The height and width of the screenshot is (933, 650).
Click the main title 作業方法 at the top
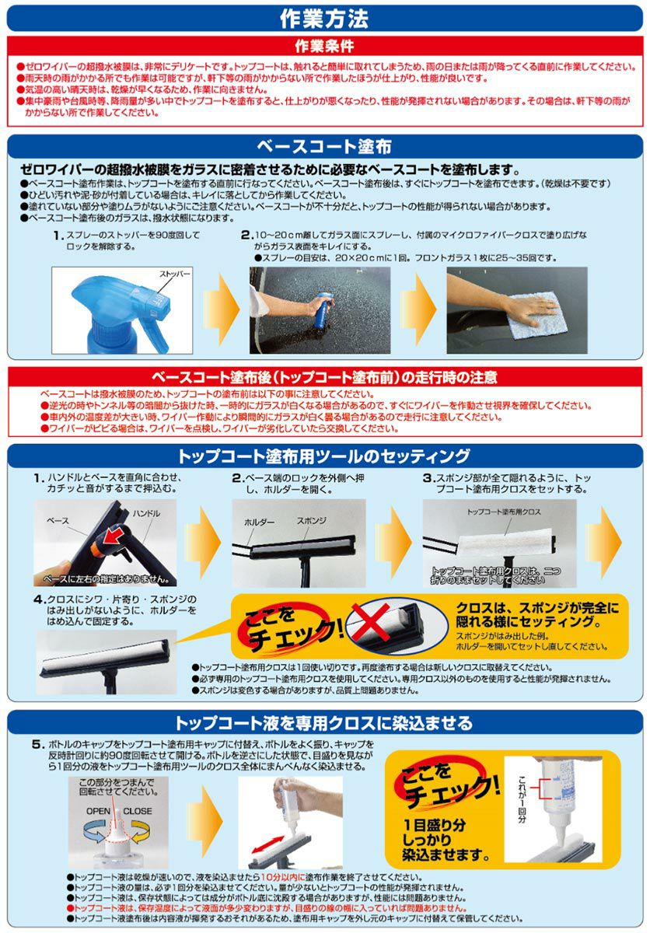[x=324, y=18]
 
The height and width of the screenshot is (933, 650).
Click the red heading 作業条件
[x=324, y=47]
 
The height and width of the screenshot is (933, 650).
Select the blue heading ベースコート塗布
[x=324, y=147]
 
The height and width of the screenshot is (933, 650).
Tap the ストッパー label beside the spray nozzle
[x=175, y=275]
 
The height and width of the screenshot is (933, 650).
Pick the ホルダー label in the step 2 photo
[x=260, y=522]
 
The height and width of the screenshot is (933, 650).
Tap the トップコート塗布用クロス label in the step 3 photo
[x=504, y=512]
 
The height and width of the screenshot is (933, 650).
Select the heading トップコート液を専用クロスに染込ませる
[x=324, y=722]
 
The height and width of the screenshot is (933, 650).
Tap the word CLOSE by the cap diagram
[x=137, y=811]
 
